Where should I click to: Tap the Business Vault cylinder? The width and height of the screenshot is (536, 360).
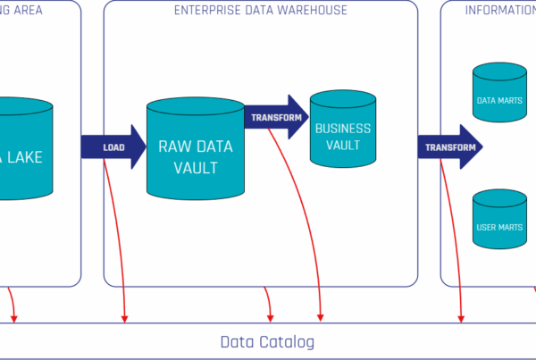[342, 130]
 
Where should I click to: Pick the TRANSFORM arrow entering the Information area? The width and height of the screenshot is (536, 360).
[449, 147]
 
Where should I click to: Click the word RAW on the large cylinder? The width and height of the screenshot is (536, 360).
[174, 145]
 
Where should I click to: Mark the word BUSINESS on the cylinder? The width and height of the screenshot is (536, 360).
[343, 129]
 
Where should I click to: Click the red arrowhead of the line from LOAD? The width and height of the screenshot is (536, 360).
[125, 317]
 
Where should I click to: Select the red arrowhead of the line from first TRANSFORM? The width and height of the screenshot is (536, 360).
[321, 317]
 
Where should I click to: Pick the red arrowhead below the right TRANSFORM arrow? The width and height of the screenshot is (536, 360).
[462, 317]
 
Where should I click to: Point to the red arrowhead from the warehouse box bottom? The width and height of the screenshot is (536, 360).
[270, 317]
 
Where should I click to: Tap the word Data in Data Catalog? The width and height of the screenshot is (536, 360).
[238, 342]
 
